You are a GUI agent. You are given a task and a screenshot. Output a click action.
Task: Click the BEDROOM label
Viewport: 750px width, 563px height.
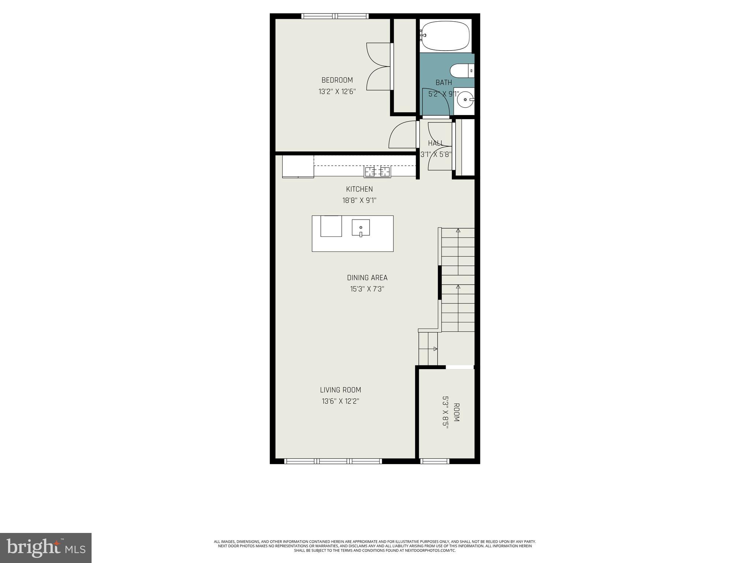pos(337,80)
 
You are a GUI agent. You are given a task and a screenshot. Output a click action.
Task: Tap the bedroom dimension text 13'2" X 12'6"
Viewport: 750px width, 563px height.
pos(337,91)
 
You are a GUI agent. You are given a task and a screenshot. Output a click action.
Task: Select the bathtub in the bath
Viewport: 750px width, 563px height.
pos(445,36)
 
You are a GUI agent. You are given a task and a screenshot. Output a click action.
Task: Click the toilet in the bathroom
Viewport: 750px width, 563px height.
pos(461,70)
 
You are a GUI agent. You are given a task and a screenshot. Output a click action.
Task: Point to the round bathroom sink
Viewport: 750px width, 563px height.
pos(465,99)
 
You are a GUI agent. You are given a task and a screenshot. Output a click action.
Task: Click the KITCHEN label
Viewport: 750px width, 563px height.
pos(359,189)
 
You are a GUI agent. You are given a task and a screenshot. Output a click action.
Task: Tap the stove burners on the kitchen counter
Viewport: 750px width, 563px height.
pos(377,171)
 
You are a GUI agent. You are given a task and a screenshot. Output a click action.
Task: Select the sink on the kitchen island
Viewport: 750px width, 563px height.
pos(361,228)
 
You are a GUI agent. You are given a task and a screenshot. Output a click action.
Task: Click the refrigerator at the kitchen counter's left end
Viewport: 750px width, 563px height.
pos(298,166)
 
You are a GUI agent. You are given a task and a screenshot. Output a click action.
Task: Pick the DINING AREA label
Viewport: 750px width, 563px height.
pos(367,278)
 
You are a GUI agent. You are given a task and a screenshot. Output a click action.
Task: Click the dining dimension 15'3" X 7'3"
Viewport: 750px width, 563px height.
pos(367,289)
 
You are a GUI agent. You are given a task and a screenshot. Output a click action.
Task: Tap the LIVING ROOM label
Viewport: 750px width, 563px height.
pos(340,390)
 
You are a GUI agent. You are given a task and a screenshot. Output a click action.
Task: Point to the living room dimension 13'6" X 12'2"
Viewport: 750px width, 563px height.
pos(340,401)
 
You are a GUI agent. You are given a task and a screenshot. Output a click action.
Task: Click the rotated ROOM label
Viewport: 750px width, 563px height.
pos(456,412)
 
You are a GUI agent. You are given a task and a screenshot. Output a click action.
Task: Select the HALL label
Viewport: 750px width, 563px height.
pos(435,143)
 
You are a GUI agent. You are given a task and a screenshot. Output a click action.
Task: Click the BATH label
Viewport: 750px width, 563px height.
pos(443,82)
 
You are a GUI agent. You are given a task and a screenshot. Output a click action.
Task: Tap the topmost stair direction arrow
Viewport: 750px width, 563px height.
pos(458,231)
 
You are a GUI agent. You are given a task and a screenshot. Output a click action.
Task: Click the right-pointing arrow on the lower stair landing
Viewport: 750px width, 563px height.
pos(435,349)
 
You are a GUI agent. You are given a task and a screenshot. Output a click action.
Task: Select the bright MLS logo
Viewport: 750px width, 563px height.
pos(46,548)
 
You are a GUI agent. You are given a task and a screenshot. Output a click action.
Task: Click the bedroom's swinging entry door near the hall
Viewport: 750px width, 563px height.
pos(403,135)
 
